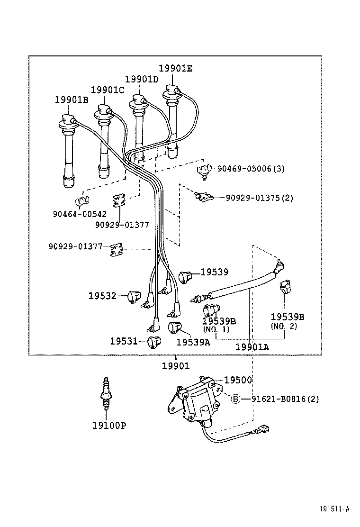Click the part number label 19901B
pyautogui.click(x=72, y=100)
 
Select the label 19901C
pyautogui.click(x=108, y=90)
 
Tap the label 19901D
pyautogui.click(x=142, y=79)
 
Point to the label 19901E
pyautogui.click(x=175, y=68)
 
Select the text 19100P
pyautogui.click(x=109, y=425)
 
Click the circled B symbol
pyautogui.click(x=236, y=399)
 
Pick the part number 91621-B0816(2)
pyautogui.click(x=285, y=399)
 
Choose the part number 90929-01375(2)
pyautogui.click(x=259, y=198)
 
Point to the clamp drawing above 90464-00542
pyautogui.click(x=83, y=201)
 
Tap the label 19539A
pyautogui.click(x=193, y=342)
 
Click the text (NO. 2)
pyautogui.click(x=284, y=326)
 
